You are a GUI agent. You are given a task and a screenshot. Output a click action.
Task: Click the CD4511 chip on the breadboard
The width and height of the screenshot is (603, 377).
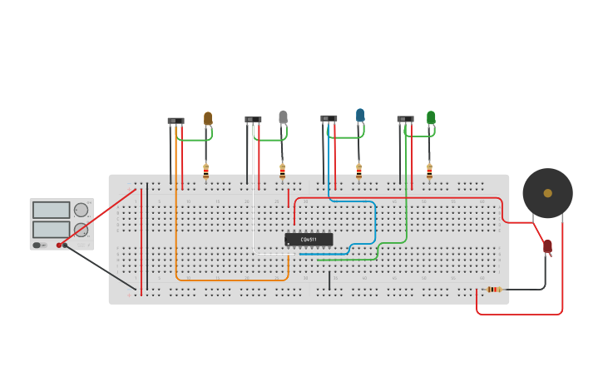[309, 239]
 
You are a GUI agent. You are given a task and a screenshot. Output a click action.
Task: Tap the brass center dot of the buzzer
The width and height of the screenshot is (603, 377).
[547, 193]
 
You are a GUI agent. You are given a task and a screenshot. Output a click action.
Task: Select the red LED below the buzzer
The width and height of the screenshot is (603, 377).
[547, 246]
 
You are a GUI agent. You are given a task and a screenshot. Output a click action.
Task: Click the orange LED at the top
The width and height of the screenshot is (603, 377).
[208, 118]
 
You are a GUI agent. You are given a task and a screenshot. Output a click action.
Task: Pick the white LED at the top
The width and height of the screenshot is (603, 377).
[283, 117]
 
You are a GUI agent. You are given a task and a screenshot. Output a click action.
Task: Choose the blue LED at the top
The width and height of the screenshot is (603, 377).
[360, 115]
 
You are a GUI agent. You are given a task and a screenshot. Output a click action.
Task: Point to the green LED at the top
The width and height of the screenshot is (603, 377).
[431, 117]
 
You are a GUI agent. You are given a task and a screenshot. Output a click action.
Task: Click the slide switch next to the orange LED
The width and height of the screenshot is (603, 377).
[175, 121]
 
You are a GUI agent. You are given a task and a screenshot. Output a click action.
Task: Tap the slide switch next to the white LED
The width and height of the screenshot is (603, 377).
[253, 120]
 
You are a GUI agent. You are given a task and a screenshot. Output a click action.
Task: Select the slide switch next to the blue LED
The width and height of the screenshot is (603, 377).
[329, 118]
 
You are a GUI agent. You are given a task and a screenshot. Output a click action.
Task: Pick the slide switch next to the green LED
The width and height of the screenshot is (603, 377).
[405, 119]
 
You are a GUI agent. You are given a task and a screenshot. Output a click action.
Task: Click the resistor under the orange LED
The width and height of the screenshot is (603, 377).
[206, 171]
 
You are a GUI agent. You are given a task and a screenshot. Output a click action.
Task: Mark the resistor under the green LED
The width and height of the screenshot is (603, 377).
[429, 171]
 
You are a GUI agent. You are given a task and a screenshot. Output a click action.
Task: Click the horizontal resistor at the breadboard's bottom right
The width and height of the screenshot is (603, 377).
[493, 290]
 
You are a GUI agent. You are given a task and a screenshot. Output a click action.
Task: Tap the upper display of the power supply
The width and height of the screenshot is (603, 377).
[52, 210]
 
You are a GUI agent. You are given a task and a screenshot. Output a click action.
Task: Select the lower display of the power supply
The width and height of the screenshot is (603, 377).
[52, 229]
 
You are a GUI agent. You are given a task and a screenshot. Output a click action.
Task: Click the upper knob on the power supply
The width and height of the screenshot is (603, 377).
[81, 210]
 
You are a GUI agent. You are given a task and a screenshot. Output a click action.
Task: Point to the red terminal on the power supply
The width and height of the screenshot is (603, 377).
[59, 245]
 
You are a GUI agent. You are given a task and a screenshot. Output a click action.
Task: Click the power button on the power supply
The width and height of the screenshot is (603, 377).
[37, 245]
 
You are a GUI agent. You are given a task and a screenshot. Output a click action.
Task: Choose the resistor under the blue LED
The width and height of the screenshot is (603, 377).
[358, 171]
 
